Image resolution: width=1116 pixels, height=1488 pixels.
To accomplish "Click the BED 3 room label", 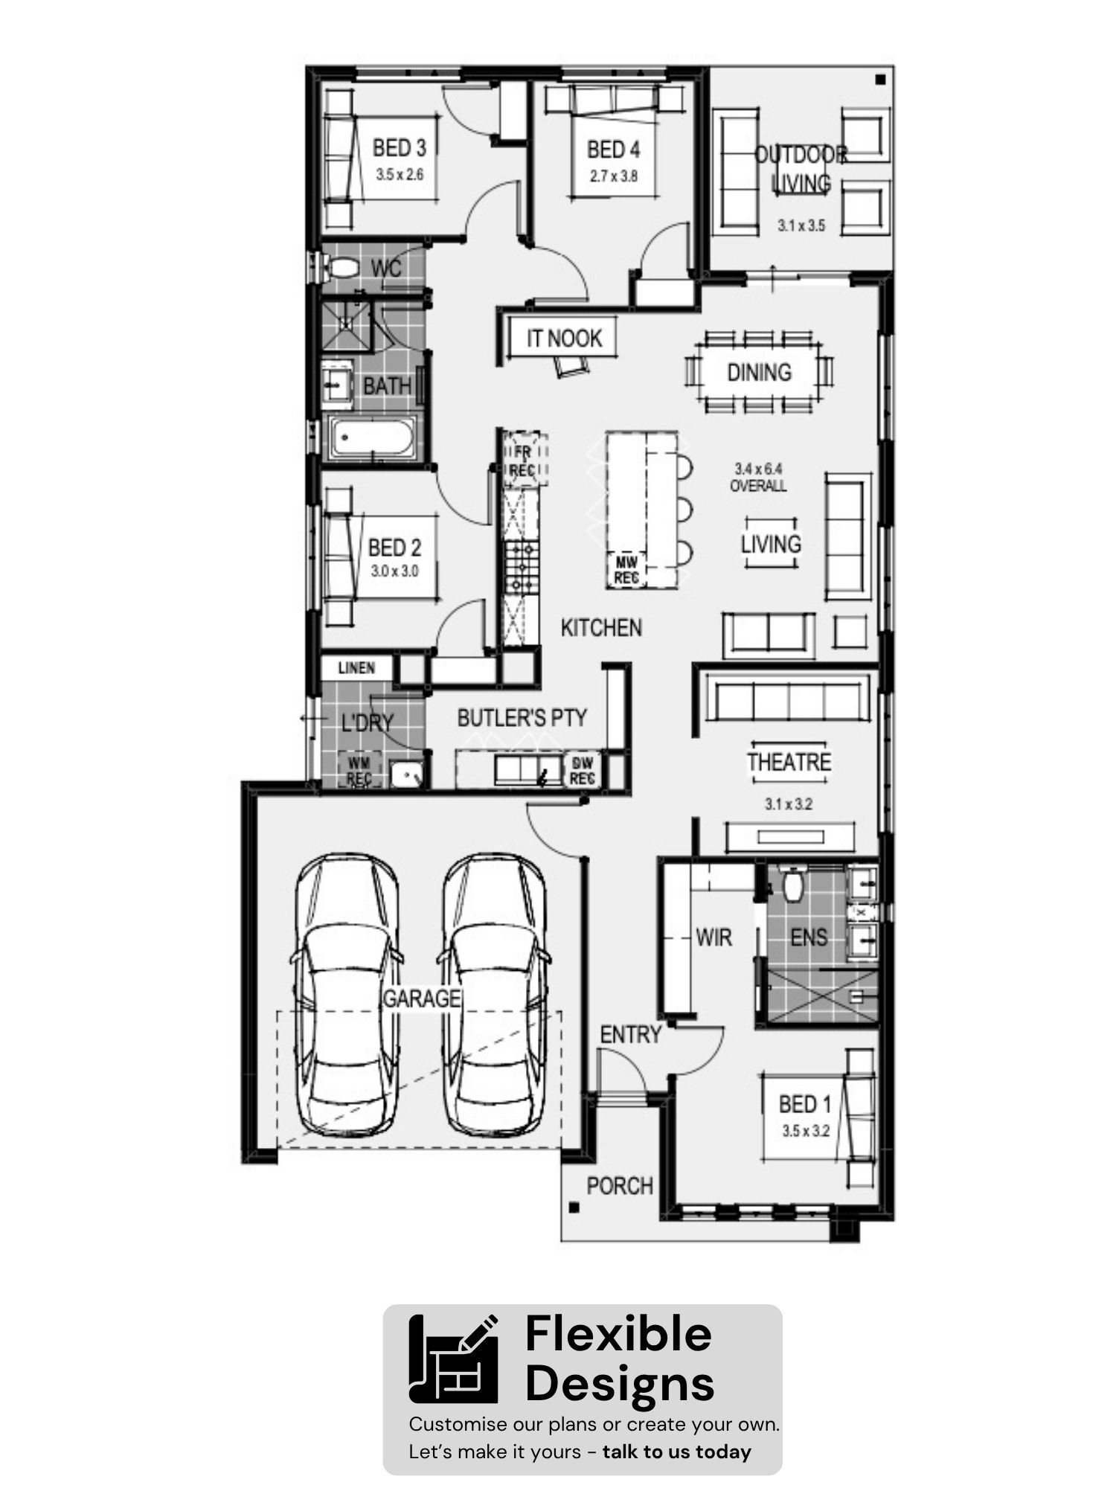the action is pos(400,148).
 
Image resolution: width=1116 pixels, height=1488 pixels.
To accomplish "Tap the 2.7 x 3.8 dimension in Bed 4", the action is pos(614,176).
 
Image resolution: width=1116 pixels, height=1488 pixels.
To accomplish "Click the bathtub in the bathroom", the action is pos(373,437).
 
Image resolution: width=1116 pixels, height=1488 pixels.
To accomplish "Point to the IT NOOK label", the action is pos(564,339).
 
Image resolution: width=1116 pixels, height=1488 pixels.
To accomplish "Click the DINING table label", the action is pos(759,372).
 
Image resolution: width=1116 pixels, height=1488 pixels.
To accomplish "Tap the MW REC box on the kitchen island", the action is pos(626,570).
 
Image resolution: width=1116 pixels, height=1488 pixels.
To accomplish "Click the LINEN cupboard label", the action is pos(356,667).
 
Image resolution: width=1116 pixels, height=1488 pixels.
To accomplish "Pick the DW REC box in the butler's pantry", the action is pos(582,771).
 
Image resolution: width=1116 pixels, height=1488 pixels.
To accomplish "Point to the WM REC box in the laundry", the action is pos(359,771).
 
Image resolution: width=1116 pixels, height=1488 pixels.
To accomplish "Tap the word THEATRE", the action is pos(789,762).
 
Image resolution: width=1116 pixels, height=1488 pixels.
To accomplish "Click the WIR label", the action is pos(713,937).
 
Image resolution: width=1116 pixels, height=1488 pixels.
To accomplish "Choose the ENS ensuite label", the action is pos(809,937).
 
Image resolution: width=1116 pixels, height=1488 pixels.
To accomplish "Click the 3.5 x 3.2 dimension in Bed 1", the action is pos(805,1131).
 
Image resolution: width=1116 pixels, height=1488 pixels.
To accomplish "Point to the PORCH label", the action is pos(620,1186).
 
